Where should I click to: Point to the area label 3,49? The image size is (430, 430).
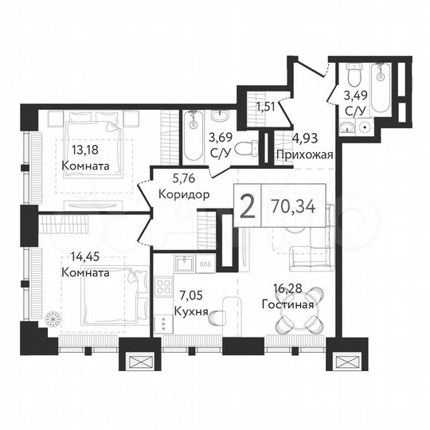coord(354,94)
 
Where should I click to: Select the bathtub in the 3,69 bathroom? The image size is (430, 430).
coord(194,135)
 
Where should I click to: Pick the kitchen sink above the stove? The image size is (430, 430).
coord(186,264)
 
